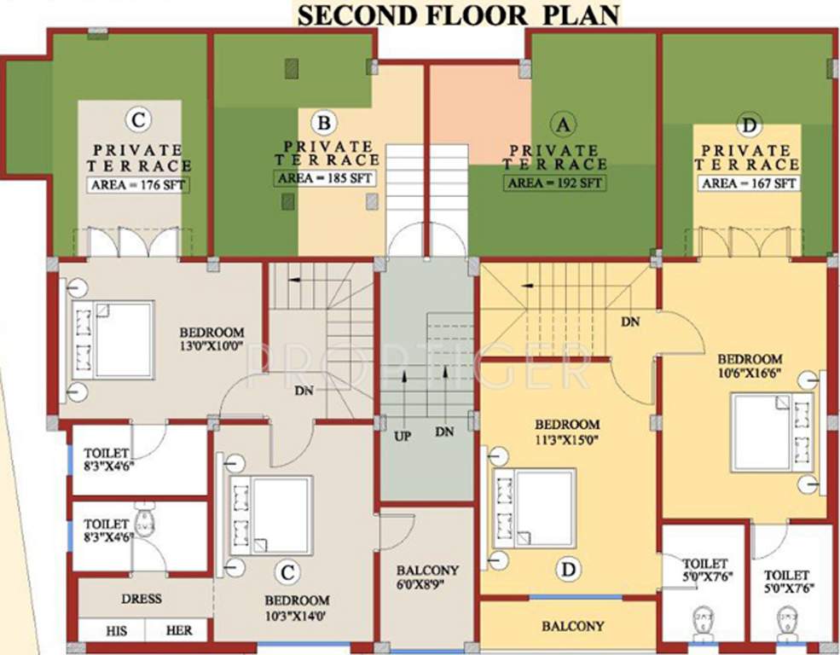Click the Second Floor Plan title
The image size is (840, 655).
click(457, 14)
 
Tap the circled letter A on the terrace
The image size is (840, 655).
click(561, 125)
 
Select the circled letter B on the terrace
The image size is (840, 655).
click(323, 124)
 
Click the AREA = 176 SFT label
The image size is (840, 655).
click(138, 185)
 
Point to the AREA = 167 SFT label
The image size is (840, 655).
click(748, 183)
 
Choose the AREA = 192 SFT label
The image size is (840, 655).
click(554, 183)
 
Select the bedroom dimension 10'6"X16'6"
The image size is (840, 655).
click(750, 374)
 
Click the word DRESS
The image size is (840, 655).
click(141, 599)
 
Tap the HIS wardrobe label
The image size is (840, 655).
click(117, 631)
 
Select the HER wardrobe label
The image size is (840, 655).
click(179, 631)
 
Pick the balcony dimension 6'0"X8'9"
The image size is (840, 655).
click(427, 585)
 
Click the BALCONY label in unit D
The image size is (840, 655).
click(573, 626)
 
